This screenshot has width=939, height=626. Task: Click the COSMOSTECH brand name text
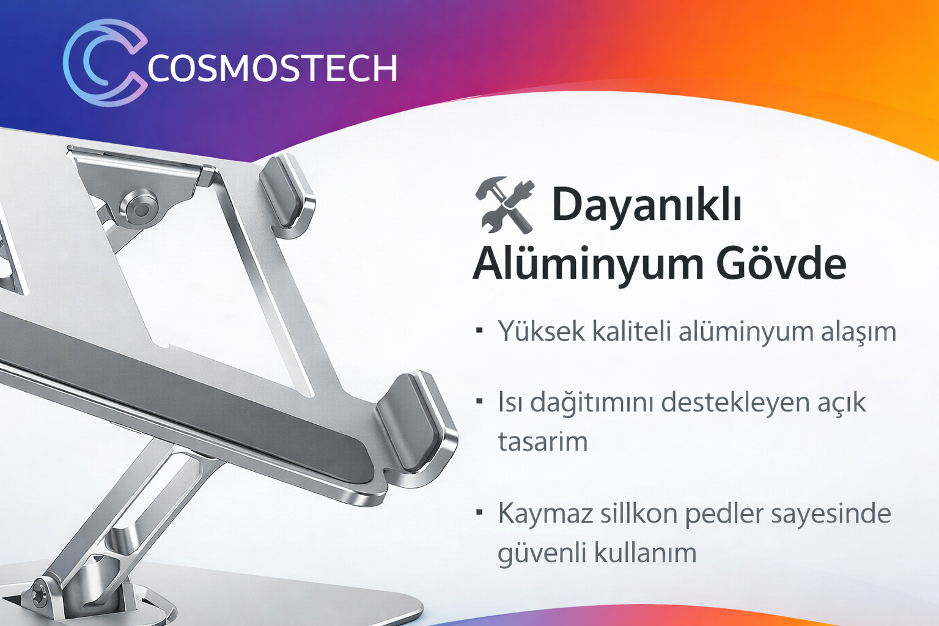pos(272,68)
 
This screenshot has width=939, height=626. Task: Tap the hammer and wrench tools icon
pos(505,205)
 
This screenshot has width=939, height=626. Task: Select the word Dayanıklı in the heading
pos(647,205)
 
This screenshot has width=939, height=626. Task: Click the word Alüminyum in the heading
pos(587,263)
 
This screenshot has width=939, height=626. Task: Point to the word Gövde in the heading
pos(781,264)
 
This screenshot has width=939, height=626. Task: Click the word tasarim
pos(542,442)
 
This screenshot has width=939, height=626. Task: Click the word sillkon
pos(639,514)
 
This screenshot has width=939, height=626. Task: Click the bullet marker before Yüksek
pos(479,330)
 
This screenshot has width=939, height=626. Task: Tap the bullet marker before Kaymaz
pos(479,512)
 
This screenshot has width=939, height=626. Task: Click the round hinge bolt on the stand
pos(139,208)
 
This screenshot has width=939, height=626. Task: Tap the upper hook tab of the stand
pos(287,191)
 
